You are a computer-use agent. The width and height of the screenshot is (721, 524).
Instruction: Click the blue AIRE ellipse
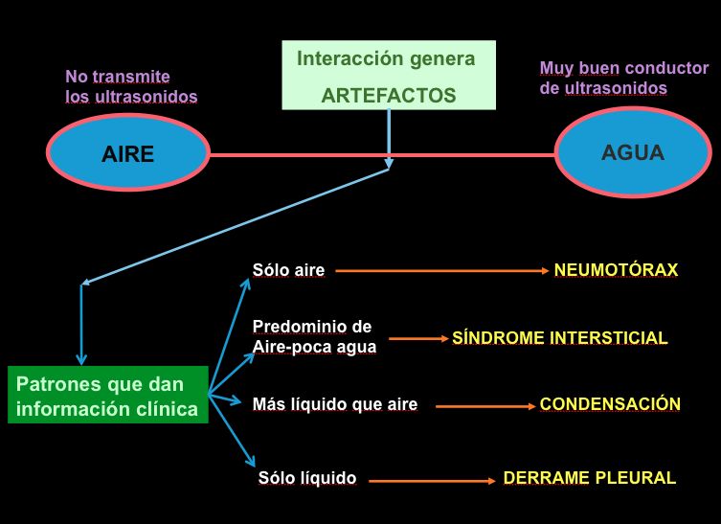(x=127, y=152)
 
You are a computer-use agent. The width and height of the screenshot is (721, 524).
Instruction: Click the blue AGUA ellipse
(x=631, y=153)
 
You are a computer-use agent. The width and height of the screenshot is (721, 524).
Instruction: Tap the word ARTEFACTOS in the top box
(x=389, y=95)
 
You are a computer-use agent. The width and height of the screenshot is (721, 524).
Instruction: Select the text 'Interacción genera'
(x=386, y=58)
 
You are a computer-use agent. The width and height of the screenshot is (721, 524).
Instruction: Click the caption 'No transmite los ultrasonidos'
(x=131, y=86)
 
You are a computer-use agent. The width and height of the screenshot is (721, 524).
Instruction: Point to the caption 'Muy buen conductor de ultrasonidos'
(x=623, y=78)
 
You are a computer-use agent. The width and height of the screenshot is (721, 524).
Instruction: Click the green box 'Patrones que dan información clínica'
(x=107, y=395)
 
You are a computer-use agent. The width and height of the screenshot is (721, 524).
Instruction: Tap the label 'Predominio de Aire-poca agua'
(x=313, y=336)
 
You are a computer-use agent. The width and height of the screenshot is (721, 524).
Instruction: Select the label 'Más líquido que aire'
(x=334, y=404)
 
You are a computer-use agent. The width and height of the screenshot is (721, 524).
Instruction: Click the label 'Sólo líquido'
(x=307, y=478)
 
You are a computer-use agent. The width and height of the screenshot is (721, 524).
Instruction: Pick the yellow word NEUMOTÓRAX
(x=616, y=270)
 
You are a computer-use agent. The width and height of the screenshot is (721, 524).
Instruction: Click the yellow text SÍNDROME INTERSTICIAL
(x=559, y=338)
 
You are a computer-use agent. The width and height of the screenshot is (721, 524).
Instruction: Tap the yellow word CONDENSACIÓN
(x=610, y=404)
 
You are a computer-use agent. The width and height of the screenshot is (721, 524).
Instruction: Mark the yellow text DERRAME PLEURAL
(x=589, y=478)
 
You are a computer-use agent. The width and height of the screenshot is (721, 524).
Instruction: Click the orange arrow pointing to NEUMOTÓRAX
(x=440, y=271)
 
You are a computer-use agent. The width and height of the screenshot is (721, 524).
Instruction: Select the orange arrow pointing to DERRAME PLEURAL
(x=431, y=479)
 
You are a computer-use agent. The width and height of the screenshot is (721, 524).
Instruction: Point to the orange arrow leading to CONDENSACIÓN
(x=484, y=406)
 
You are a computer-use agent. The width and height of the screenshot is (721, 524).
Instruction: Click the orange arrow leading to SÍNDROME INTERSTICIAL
(x=417, y=339)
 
